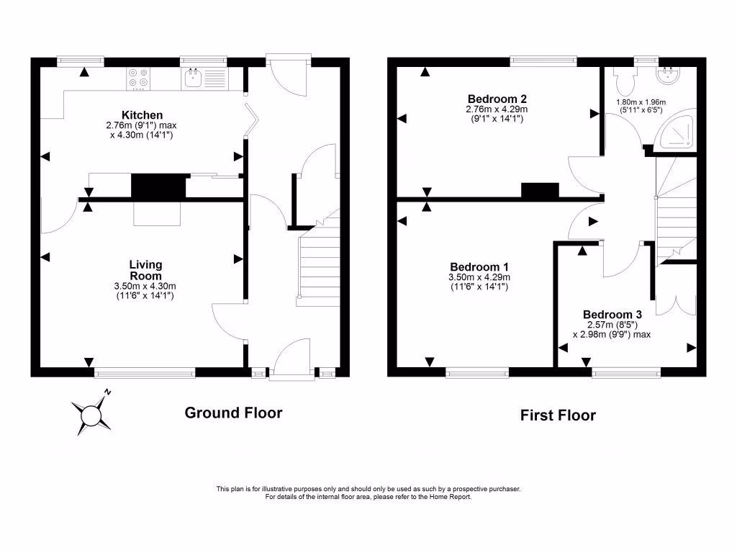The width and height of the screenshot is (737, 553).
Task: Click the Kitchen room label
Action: [x=142, y=115]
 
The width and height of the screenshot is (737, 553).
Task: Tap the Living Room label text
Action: [x=145, y=270]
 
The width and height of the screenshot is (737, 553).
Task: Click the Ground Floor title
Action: [x=233, y=413]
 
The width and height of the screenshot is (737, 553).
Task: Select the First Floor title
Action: [x=559, y=415]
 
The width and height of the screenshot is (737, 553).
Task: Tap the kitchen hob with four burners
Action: [x=138, y=78]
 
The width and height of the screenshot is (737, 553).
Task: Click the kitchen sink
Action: [x=192, y=78]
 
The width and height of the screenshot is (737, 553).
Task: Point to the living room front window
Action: [x=145, y=372]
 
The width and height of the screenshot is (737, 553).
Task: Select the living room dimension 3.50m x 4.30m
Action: [x=145, y=286]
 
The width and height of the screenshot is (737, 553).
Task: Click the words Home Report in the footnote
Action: [x=451, y=497]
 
